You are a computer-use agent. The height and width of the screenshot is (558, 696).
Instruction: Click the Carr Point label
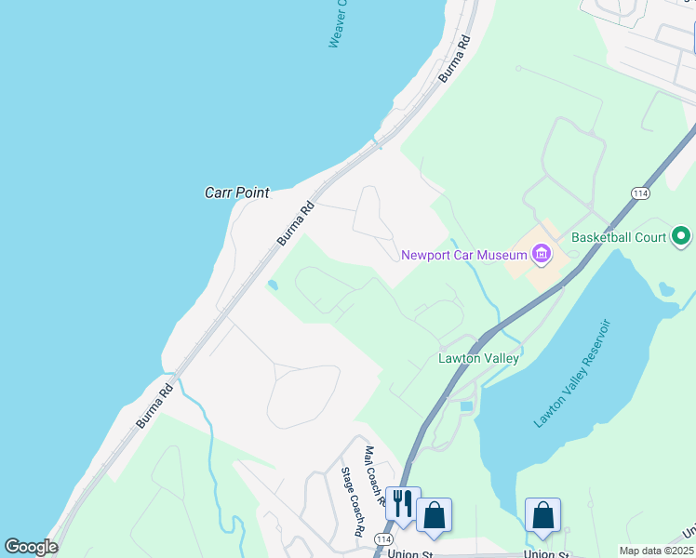tap(236, 193)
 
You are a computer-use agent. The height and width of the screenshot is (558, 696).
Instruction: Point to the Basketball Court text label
tap(619, 237)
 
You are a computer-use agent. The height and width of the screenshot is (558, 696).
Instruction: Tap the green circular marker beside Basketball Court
tap(681, 237)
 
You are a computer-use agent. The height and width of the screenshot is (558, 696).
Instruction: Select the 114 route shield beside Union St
tap(383, 539)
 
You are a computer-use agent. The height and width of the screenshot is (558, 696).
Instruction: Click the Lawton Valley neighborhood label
tap(478, 357)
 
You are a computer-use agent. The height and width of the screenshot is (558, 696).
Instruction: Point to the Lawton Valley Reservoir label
tap(571, 372)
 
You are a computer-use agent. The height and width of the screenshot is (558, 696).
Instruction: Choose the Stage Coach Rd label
tap(351, 502)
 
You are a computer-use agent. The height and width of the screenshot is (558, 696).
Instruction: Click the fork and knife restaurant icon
tap(402, 503)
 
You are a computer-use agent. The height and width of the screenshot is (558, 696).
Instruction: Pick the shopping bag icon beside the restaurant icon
tap(434, 513)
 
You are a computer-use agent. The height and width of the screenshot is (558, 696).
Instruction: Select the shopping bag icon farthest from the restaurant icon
tap(542, 513)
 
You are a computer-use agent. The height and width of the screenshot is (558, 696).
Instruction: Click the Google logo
tap(31, 547)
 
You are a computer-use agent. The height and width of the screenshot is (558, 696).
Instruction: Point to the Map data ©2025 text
tap(655, 551)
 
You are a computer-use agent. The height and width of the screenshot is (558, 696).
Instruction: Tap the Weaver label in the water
tap(338, 24)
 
